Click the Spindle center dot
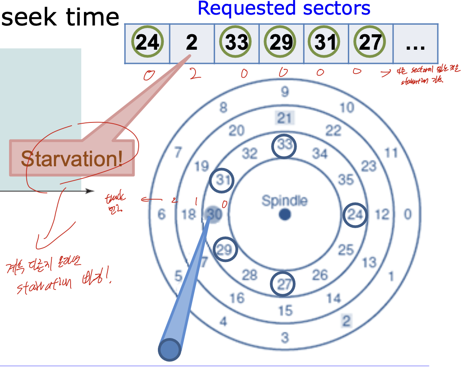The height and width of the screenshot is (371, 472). tap(285, 215)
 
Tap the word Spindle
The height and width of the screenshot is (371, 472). tap(284, 201)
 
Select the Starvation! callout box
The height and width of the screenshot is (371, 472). tap(72, 158)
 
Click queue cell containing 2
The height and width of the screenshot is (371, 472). tap(192, 43)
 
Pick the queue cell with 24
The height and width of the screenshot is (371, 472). tap(147, 43)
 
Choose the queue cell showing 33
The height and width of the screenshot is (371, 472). tap(236, 43)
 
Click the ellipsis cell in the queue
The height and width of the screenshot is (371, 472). tap(415, 43)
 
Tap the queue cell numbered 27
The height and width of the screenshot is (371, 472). tap(370, 43)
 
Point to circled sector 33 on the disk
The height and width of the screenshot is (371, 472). tap(284, 146)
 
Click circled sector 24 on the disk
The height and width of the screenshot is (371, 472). tap(355, 216)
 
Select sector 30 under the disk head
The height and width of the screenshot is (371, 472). tap(213, 215)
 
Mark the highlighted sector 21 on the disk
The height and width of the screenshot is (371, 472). tap(284, 118)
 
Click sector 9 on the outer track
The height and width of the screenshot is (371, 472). tap(284, 91)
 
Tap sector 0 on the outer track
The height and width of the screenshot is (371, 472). tap(407, 215)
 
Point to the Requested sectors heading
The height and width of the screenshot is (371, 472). tap(284, 8)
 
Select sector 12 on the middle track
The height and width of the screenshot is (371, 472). tap(382, 215)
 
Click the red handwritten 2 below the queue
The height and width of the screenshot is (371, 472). tap(193, 74)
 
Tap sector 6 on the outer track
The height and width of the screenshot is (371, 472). tap(162, 215)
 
